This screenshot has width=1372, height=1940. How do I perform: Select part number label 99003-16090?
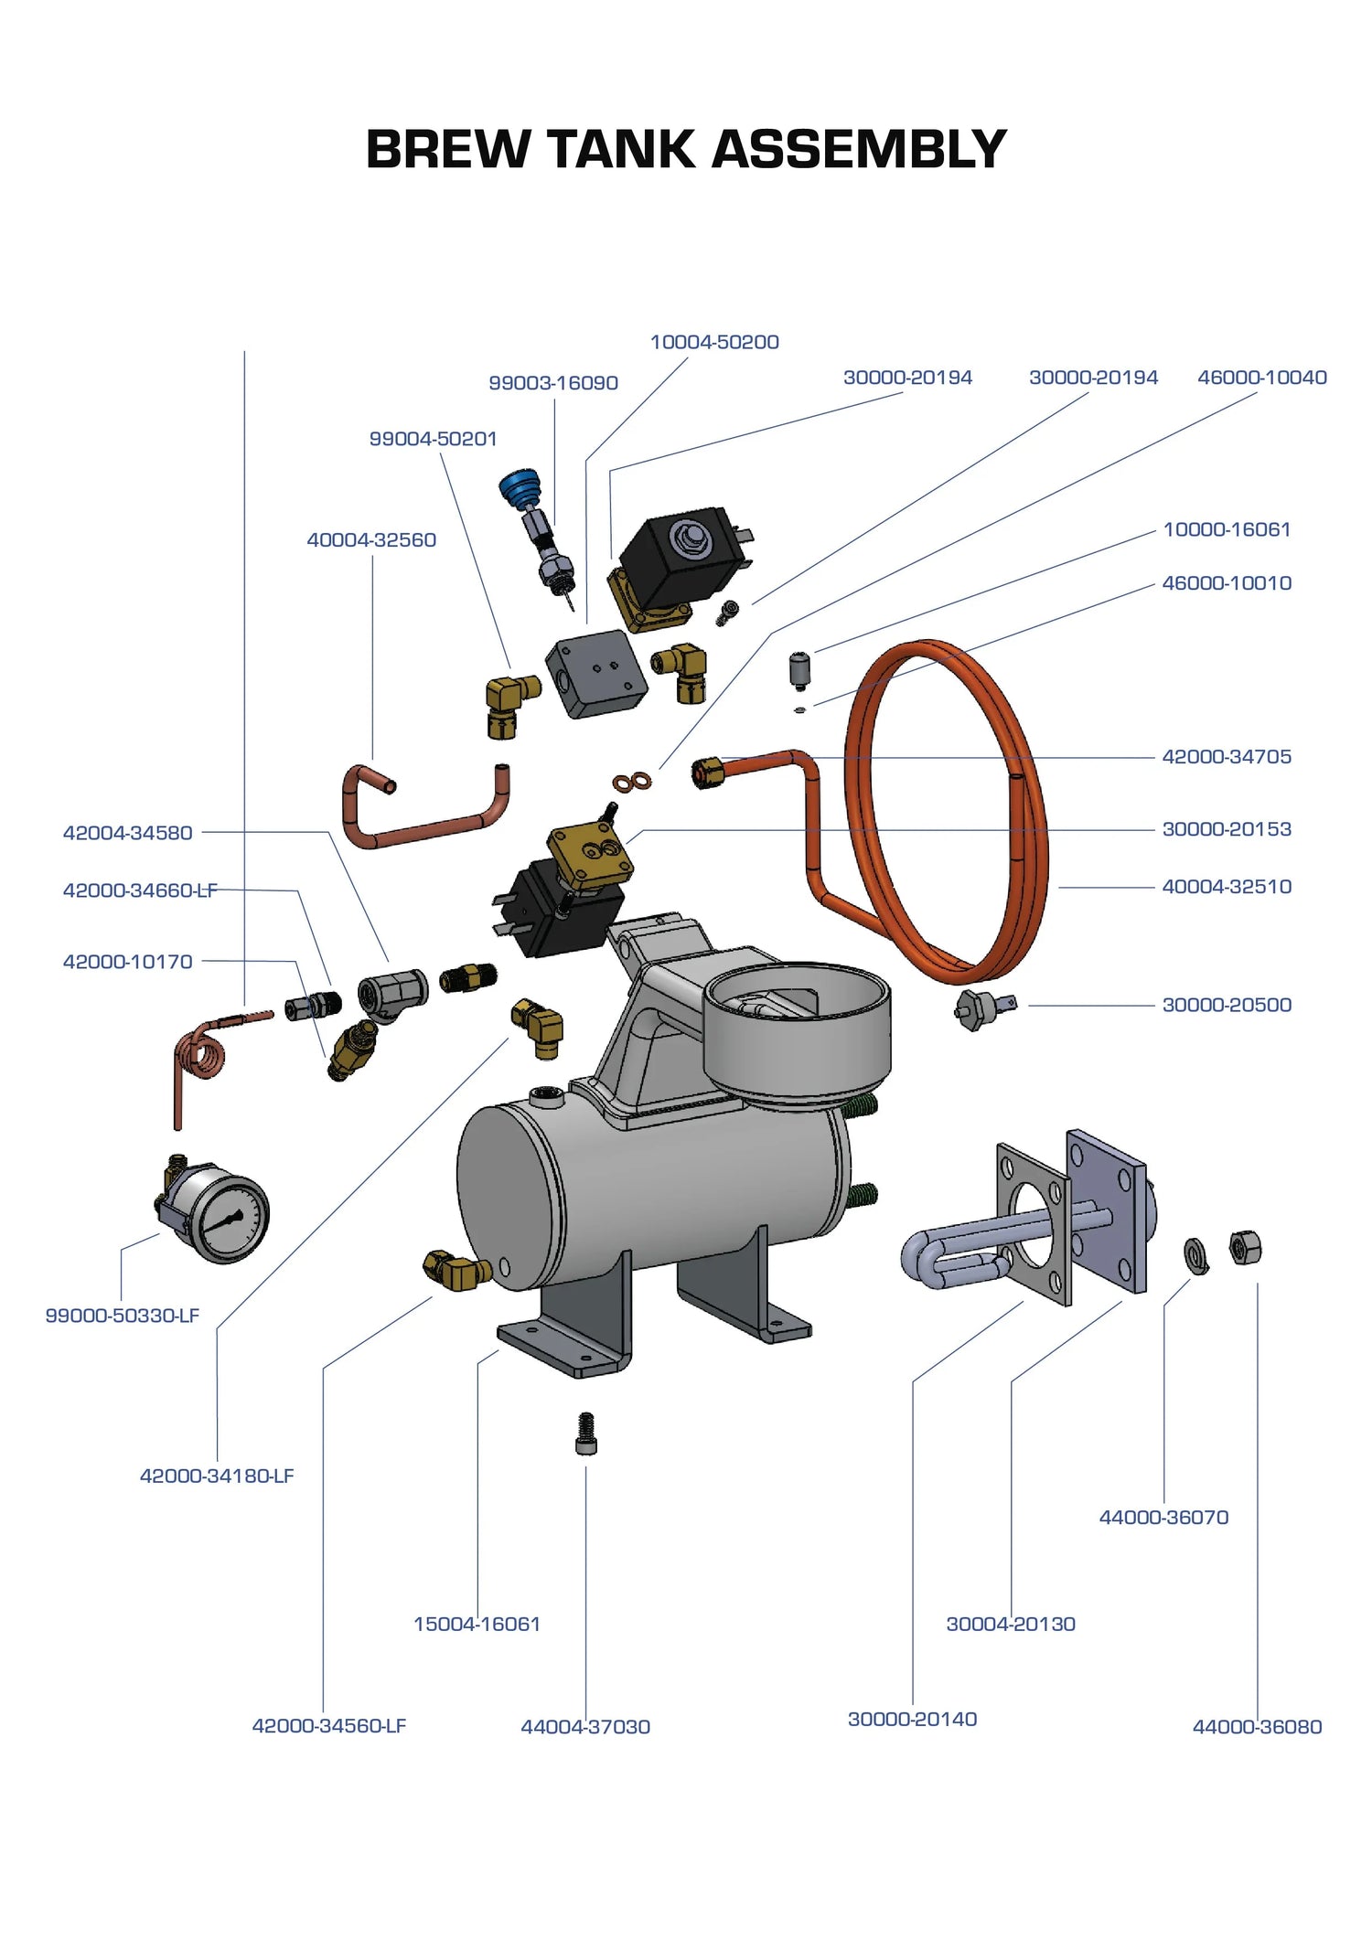point(552,383)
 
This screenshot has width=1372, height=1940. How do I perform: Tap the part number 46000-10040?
point(1261,378)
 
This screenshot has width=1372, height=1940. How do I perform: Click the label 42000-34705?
point(1226,757)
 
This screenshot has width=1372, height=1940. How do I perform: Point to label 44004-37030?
point(585,1727)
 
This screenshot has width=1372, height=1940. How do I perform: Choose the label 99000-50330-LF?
point(122,1316)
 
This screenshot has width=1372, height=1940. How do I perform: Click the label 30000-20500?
point(1226,1005)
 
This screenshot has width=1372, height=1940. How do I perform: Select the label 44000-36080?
point(1257,1727)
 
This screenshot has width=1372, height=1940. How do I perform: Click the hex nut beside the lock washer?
point(1245,1248)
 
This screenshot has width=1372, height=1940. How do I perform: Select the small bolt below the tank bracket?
point(586,1434)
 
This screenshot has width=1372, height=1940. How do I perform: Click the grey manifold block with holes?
point(595,674)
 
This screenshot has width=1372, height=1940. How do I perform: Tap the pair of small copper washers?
point(632,782)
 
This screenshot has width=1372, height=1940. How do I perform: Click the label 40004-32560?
point(371,540)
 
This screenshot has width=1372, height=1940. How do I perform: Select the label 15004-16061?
point(477,1624)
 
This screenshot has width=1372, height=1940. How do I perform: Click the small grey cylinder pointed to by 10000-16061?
point(800,671)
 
